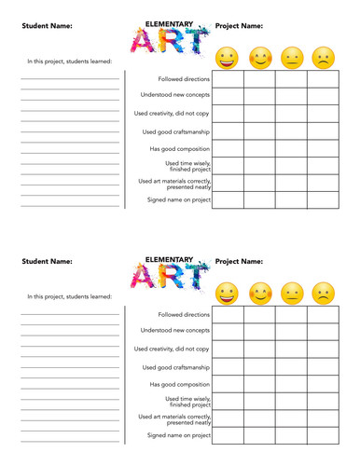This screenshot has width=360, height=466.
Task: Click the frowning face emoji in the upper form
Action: tap(324, 58)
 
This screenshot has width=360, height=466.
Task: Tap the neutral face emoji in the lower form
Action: tap(292, 294)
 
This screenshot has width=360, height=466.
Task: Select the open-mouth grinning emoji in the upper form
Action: tap(227, 58)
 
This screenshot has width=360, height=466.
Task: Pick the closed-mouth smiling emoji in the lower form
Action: tap(260, 294)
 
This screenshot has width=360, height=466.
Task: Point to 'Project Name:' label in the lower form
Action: tap(240, 262)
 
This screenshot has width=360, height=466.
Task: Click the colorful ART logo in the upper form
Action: tap(168, 42)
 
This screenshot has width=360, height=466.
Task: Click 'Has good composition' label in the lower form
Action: tap(180, 383)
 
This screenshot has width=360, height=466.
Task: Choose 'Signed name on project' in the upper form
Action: tap(179, 199)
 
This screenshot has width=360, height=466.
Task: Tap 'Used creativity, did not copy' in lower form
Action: tap(172, 349)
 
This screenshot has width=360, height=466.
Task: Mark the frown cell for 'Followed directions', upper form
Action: tap(324, 79)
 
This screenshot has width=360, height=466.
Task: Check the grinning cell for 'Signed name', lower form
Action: tap(228, 434)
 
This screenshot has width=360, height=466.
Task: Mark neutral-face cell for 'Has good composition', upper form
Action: tap(292, 148)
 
